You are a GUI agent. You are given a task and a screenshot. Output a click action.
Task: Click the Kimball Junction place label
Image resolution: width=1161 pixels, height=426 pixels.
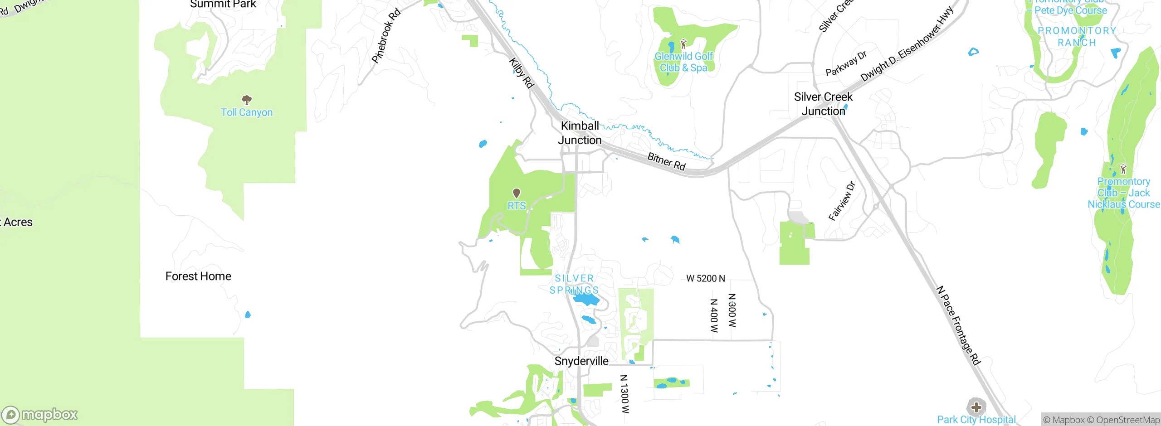click(x=580, y=133)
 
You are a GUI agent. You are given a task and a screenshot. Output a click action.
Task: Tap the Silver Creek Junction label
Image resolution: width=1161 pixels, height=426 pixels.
click(x=823, y=104)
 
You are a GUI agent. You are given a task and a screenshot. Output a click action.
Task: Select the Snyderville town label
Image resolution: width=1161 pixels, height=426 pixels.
click(x=581, y=361)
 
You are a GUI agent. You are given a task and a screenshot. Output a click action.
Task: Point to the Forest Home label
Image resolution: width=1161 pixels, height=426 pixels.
click(x=198, y=276)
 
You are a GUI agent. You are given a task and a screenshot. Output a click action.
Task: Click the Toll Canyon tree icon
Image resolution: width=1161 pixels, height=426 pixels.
click(x=247, y=100)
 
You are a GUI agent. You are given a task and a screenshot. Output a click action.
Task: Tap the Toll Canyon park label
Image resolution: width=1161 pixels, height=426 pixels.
click(x=247, y=112)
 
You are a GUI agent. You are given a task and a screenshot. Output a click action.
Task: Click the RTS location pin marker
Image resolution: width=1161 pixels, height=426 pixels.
click(x=516, y=194)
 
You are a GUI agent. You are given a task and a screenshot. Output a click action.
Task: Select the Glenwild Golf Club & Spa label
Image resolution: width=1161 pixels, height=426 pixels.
click(x=683, y=62)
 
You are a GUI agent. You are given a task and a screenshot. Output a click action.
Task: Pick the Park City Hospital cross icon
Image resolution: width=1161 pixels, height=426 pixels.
click(x=976, y=407)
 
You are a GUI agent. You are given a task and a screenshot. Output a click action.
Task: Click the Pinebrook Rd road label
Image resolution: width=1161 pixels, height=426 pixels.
click(x=386, y=36)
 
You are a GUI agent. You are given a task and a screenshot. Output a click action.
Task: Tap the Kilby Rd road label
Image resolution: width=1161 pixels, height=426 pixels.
click(x=521, y=73)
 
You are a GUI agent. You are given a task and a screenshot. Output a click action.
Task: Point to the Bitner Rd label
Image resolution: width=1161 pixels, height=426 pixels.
click(x=666, y=161)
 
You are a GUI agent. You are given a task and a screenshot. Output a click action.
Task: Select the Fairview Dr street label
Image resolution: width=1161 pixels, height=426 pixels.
click(x=842, y=201)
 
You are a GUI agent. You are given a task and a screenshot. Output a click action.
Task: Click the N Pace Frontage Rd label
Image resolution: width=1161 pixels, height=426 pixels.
click(x=958, y=325)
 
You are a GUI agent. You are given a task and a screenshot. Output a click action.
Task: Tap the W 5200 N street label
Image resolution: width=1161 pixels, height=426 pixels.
click(x=706, y=278)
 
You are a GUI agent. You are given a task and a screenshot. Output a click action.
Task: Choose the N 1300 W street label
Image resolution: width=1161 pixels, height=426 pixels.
click(x=624, y=394)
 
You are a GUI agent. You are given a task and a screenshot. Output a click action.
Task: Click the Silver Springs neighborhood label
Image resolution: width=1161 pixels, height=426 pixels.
click(x=574, y=284)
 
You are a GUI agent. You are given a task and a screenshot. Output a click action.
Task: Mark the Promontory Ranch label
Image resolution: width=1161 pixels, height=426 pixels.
click(x=1077, y=37)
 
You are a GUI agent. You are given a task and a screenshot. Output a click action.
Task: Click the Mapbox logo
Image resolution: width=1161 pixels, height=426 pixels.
click(x=40, y=415)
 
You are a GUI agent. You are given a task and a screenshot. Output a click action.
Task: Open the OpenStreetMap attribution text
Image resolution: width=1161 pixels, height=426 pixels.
click(x=1128, y=420)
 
